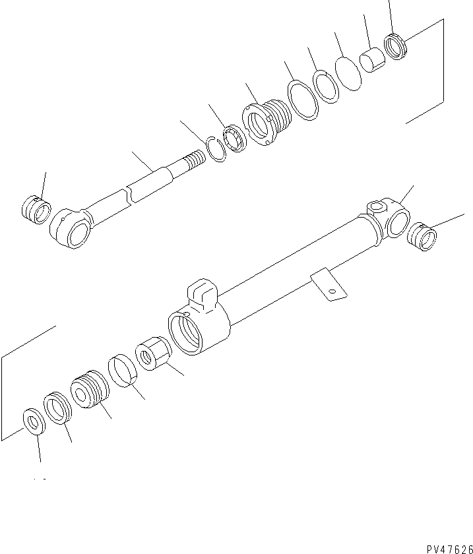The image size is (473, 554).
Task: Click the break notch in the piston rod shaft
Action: (131, 195)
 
